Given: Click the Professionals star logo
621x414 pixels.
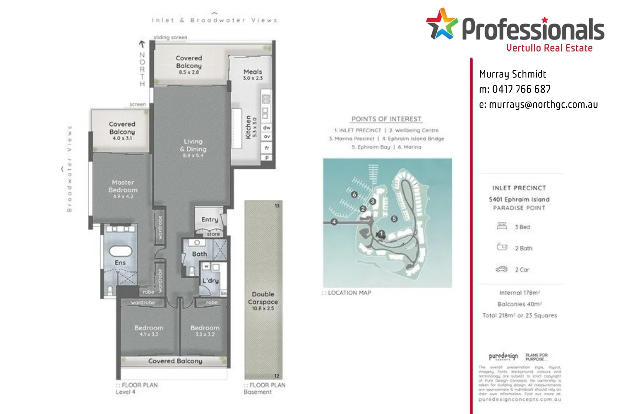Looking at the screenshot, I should [x=442, y=24].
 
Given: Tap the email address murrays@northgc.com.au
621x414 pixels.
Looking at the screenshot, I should [x=538, y=105].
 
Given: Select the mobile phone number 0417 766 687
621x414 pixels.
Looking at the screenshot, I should [x=521, y=89].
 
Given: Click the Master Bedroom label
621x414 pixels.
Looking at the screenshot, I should [x=123, y=186].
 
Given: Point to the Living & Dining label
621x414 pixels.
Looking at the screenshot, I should [x=193, y=145].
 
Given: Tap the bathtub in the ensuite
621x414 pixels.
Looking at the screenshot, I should [x=121, y=251].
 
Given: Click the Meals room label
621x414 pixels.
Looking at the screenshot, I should [x=253, y=72].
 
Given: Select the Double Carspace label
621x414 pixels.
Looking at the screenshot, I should [x=263, y=298].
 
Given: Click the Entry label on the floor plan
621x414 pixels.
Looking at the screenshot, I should [x=210, y=220].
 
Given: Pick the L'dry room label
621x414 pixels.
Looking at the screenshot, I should [x=210, y=281].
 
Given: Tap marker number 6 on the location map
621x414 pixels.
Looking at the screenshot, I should [x=354, y=194].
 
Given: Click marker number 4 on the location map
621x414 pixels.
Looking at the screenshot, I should [x=334, y=222].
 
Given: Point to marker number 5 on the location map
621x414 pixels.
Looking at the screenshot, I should [x=394, y=219].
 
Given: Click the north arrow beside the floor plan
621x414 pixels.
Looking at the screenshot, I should [x=142, y=44].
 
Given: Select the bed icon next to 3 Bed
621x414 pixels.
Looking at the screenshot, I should [x=502, y=226].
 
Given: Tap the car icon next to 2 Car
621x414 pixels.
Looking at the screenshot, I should [x=501, y=269].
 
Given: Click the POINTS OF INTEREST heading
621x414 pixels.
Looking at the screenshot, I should [x=386, y=119].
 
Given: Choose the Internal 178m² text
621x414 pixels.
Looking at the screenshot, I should [x=519, y=293].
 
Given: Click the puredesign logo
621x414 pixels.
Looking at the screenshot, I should [x=503, y=356].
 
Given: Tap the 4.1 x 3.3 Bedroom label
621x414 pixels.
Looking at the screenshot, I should [x=149, y=330].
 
